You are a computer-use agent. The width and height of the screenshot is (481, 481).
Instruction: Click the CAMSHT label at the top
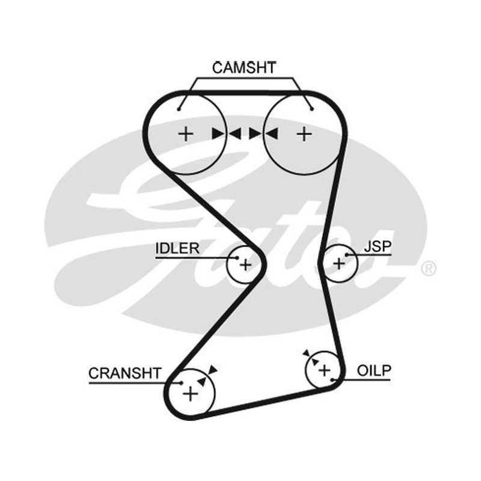(x=244, y=68)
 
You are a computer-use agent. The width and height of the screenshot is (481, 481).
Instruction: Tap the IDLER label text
(x=177, y=248)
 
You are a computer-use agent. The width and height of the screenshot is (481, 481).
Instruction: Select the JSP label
(x=378, y=247)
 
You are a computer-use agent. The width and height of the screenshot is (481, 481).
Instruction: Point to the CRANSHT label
(x=125, y=373)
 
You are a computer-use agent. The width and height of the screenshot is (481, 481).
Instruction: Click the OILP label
(x=374, y=370)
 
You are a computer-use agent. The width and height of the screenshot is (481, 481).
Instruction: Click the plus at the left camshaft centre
(x=186, y=134)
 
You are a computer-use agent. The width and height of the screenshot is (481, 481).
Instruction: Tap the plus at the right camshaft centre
(x=305, y=134)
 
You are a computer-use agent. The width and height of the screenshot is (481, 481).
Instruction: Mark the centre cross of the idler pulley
(x=245, y=265)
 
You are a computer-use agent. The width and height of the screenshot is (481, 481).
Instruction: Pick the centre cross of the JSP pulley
(x=339, y=264)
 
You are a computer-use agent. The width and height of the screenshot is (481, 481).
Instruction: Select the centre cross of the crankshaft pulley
(x=190, y=394)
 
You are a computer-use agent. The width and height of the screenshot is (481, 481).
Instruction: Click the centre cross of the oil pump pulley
(x=324, y=370)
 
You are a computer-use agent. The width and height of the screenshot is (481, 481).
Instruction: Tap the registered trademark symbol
(x=429, y=269)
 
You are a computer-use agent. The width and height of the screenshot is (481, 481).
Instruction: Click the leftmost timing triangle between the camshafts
(x=218, y=133)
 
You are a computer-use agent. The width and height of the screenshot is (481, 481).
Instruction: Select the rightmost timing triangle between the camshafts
(x=272, y=133)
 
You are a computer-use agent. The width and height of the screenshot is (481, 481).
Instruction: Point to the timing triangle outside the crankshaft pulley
(x=213, y=370)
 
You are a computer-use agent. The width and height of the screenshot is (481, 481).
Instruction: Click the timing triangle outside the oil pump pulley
(x=307, y=353)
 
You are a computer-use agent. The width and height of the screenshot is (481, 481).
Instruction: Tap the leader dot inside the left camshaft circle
(x=179, y=109)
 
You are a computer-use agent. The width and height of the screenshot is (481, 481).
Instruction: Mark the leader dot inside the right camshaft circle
(x=312, y=109)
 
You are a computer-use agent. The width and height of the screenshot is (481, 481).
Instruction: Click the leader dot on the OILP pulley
(x=332, y=380)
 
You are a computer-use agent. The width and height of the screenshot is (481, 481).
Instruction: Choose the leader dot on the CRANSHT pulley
(x=182, y=383)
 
